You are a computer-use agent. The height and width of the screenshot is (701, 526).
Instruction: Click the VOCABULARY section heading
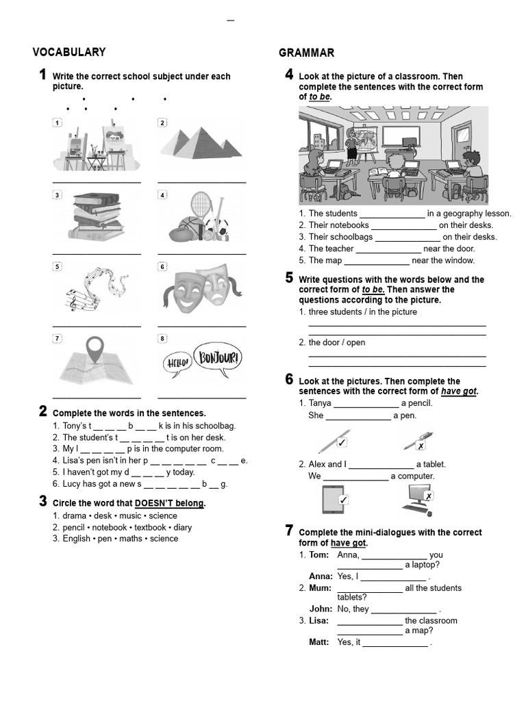pos(69,52)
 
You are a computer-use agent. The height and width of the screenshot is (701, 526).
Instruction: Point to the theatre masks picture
pos(201,290)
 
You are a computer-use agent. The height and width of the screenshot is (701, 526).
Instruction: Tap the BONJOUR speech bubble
pos(217,357)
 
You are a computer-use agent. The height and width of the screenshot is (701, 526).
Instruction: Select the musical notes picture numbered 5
pos(97,289)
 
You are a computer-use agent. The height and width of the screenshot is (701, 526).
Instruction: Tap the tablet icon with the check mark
pos(335,499)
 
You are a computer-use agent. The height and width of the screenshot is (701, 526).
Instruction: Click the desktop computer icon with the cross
pos(417,499)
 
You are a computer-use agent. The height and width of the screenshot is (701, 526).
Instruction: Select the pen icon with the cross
pos(418,442)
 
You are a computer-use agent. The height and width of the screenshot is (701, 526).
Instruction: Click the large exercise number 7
pos(289,530)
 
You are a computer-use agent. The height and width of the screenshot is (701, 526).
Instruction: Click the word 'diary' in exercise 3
pos(183,527)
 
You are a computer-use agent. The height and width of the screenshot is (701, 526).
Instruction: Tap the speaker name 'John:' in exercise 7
pos(321,609)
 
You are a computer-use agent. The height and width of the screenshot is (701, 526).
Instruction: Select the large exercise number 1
pos(42,75)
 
